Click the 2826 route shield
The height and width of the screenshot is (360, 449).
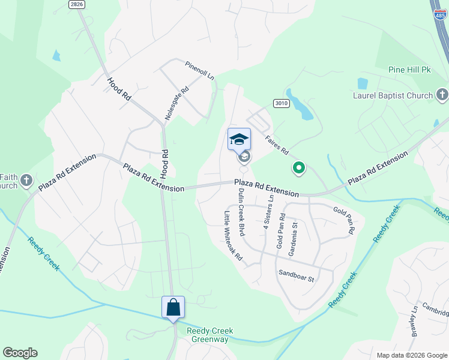(76, 4)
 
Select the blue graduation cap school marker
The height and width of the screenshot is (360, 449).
(239, 139)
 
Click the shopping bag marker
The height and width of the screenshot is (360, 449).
(173, 308)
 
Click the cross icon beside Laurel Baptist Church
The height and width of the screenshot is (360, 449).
(442, 95)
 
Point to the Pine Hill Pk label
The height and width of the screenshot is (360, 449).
(410, 70)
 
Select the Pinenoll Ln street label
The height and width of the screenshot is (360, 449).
(199, 70)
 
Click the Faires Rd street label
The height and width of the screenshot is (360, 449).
(277, 143)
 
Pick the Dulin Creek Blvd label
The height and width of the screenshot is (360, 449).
(242, 210)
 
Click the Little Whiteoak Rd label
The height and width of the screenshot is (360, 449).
(233, 236)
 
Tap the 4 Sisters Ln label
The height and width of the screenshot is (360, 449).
(268, 212)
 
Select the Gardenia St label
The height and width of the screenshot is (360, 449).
(294, 239)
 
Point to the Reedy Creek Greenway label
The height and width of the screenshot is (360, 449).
(209, 335)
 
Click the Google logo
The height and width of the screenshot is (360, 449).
(20, 353)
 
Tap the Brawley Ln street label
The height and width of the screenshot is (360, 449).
(414, 329)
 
